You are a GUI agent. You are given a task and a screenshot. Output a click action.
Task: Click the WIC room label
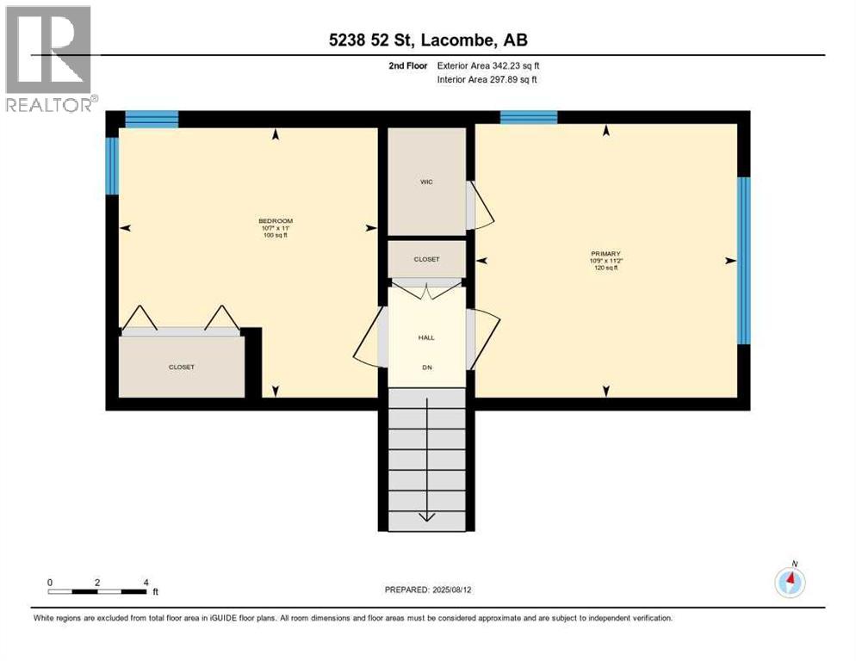[x=426, y=182]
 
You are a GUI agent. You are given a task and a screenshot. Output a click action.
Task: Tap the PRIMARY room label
[x=605, y=254]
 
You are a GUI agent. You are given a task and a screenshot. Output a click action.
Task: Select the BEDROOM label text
[x=276, y=221]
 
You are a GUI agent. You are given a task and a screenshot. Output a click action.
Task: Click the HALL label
[x=426, y=337]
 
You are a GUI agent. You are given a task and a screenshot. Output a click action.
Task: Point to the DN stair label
[x=426, y=368]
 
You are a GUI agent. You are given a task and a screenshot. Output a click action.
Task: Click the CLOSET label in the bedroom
[x=181, y=367]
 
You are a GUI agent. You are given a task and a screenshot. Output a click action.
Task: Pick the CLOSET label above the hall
[x=426, y=259]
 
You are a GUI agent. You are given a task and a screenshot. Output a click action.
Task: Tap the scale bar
[x=97, y=591]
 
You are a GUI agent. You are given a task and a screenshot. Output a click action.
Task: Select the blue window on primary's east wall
[x=743, y=259]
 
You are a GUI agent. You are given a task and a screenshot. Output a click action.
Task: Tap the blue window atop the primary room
[x=529, y=118]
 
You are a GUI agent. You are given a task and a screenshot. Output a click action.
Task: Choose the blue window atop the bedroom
[x=152, y=119]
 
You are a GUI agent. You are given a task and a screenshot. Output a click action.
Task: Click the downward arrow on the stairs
[x=427, y=516]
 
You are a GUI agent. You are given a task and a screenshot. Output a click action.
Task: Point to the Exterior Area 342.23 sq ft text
[x=488, y=65]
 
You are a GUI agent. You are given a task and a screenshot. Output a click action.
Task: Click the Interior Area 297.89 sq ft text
[x=487, y=80]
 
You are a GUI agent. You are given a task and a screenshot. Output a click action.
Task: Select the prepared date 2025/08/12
[x=427, y=590]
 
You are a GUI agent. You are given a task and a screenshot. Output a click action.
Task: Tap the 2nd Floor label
[x=407, y=65]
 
